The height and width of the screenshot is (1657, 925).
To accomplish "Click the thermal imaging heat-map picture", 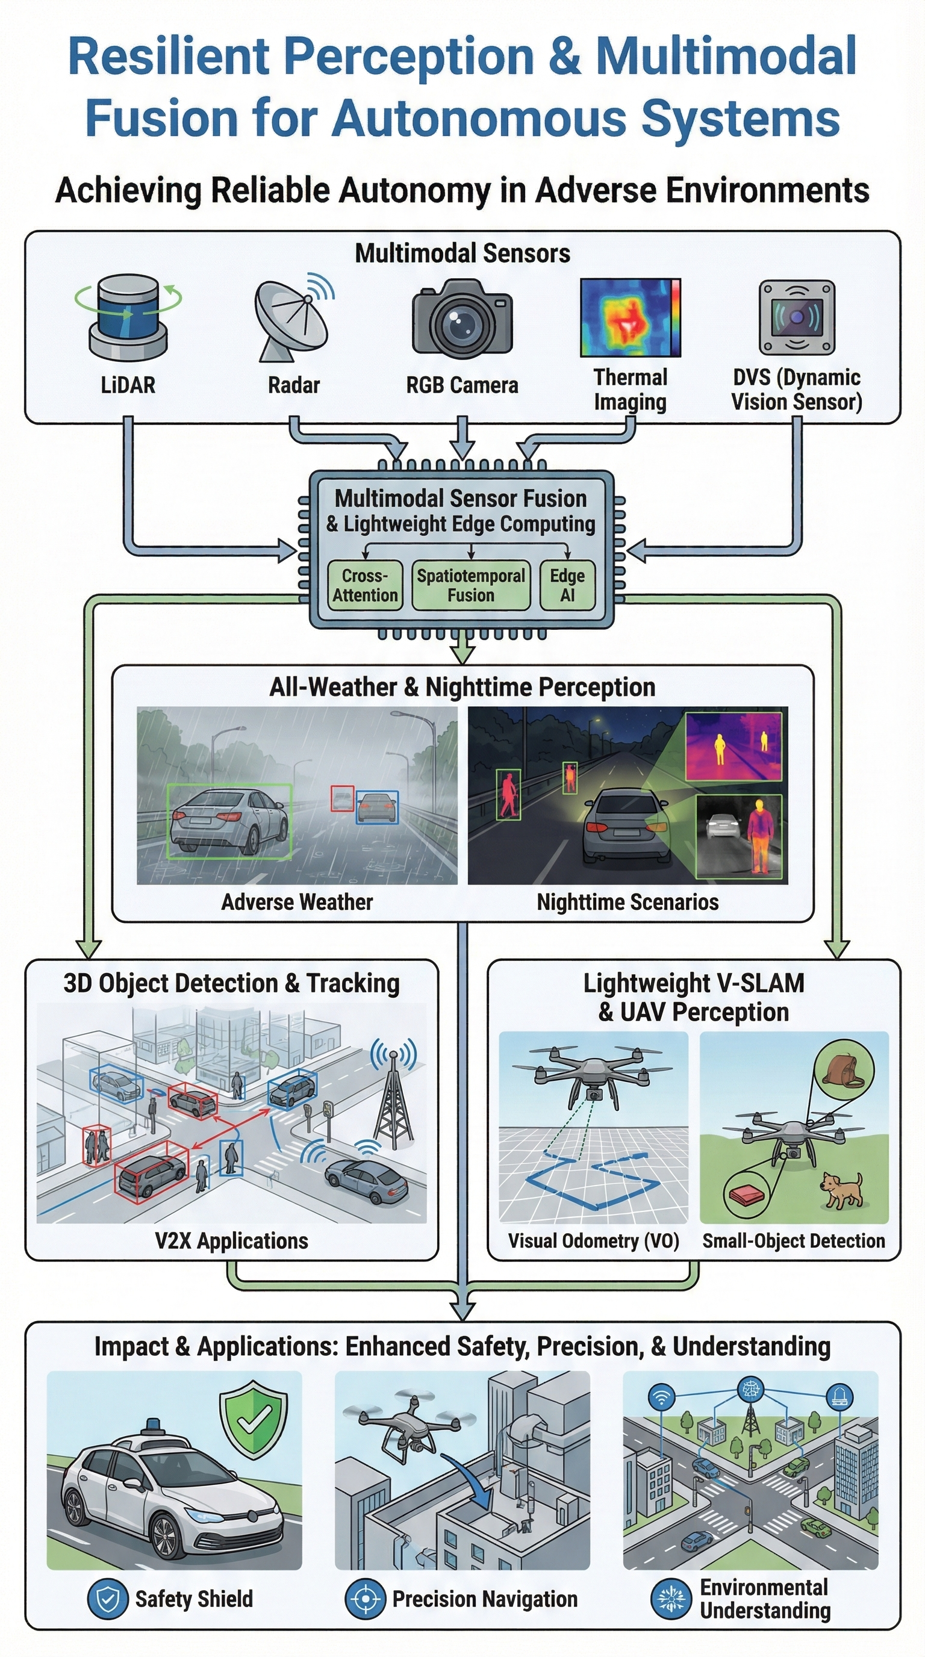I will [x=630, y=317].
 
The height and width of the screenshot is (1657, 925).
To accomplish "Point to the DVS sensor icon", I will [x=796, y=317].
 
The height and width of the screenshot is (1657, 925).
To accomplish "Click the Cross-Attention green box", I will [x=365, y=585].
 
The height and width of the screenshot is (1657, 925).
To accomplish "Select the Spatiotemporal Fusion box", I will [x=471, y=585].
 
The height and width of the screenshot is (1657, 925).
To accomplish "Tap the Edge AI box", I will [x=567, y=585].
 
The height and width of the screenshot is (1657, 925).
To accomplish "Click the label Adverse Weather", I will [x=296, y=902].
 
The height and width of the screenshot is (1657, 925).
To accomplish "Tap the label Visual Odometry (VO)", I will [x=593, y=1241].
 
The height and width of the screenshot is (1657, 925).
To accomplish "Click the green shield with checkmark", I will [x=254, y=1422].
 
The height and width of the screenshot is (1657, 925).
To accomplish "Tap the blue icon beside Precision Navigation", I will [x=365, y=1599].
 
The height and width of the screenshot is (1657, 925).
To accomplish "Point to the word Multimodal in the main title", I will [x=726, y=57].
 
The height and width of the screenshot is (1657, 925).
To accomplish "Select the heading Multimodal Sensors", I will [x=462, y=253].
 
